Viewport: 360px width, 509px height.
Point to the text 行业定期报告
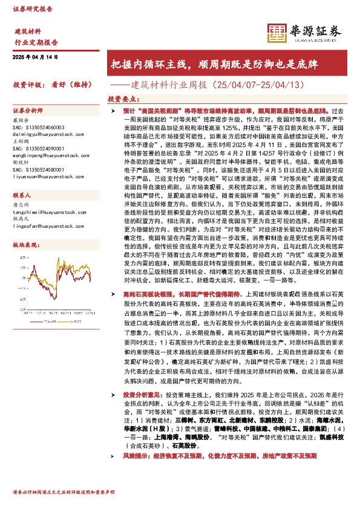tap(36, 43)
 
